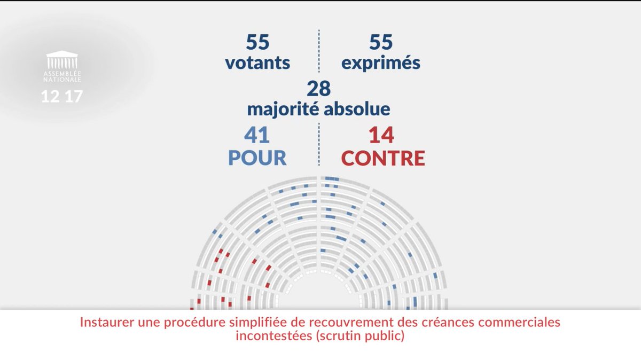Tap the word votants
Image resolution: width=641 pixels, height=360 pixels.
pos(257,63)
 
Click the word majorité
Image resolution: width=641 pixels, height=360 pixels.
pos(280,109)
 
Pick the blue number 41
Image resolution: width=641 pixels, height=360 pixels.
pos(257,136)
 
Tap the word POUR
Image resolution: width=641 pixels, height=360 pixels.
pos(257,158)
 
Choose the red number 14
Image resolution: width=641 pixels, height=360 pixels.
pos(381,136)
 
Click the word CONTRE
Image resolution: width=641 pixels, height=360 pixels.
pos(383,158)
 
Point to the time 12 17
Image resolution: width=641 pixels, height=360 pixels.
pos(62,98)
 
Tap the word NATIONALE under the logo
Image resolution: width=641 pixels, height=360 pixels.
pos(62,80)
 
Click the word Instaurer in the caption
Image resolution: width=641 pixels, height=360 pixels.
pos(104,324)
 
